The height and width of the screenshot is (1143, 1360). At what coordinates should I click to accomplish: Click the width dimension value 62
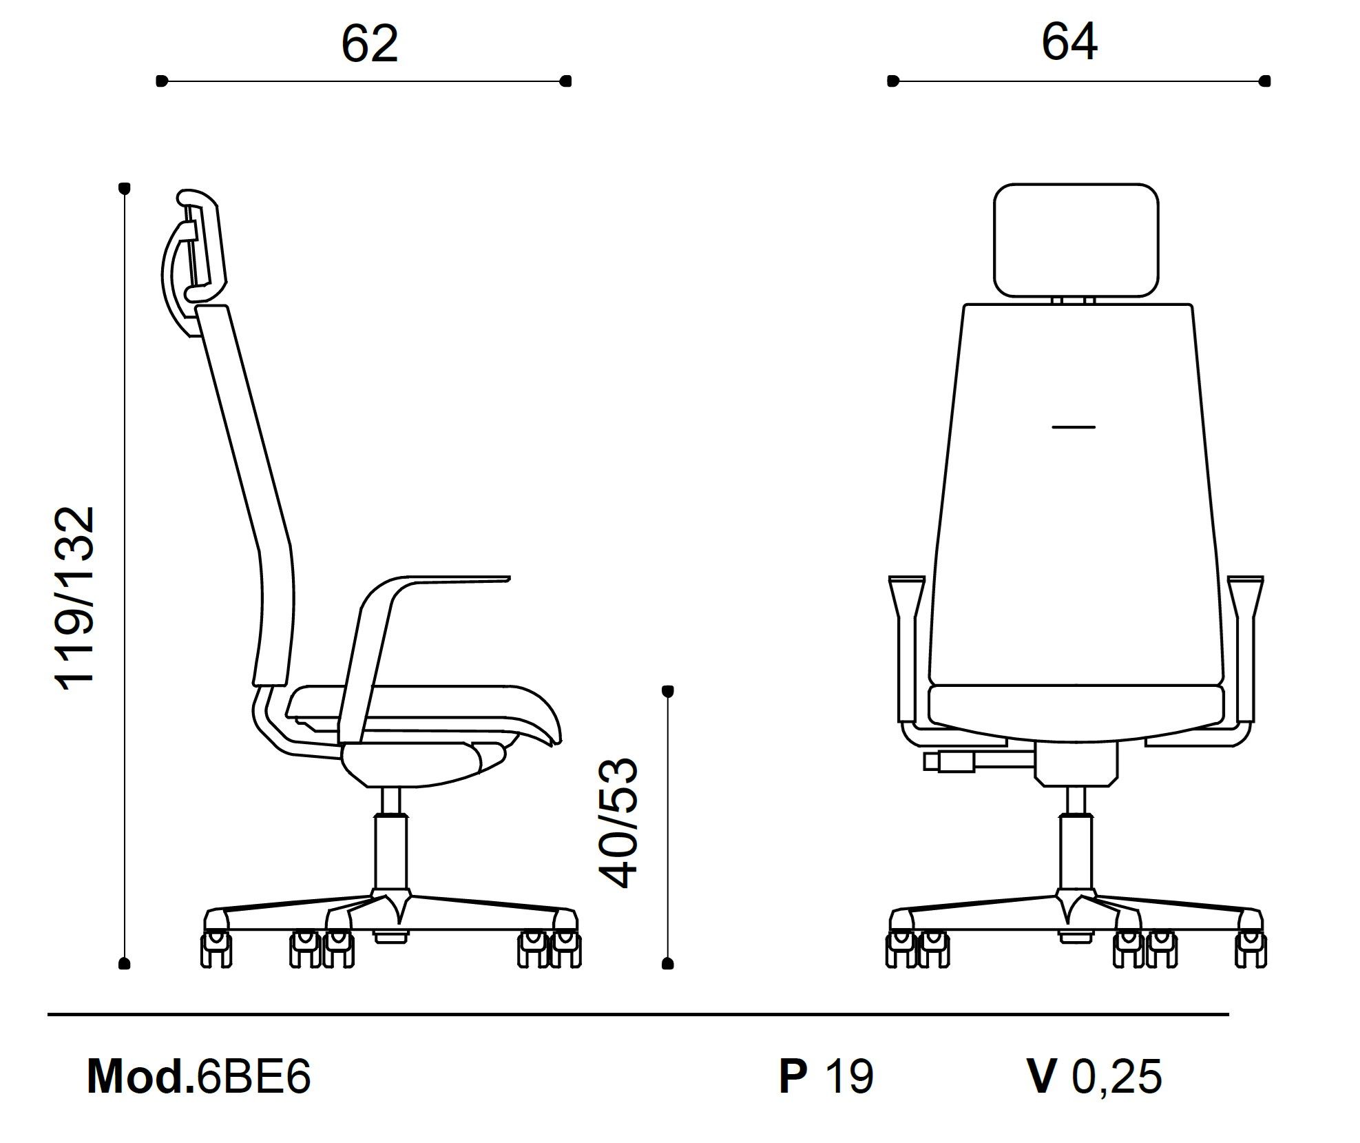click(x=370, y=44)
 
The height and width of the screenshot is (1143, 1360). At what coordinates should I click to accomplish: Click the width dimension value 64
click(x=1069, y=42)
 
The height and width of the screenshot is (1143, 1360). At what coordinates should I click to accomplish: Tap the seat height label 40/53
click(x=618, y=824)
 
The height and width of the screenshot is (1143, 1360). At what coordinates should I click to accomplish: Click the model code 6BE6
click(x=254, y=1076)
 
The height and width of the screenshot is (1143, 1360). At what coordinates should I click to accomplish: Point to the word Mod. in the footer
click(x=140, y=1076)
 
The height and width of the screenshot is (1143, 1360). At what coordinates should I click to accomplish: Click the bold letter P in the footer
click(x=793, y=1076)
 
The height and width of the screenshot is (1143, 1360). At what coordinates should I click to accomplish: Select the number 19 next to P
click(x=849, y=1076)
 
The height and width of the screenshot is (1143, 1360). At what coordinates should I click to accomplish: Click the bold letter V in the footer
click(x=1040, y=1076)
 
